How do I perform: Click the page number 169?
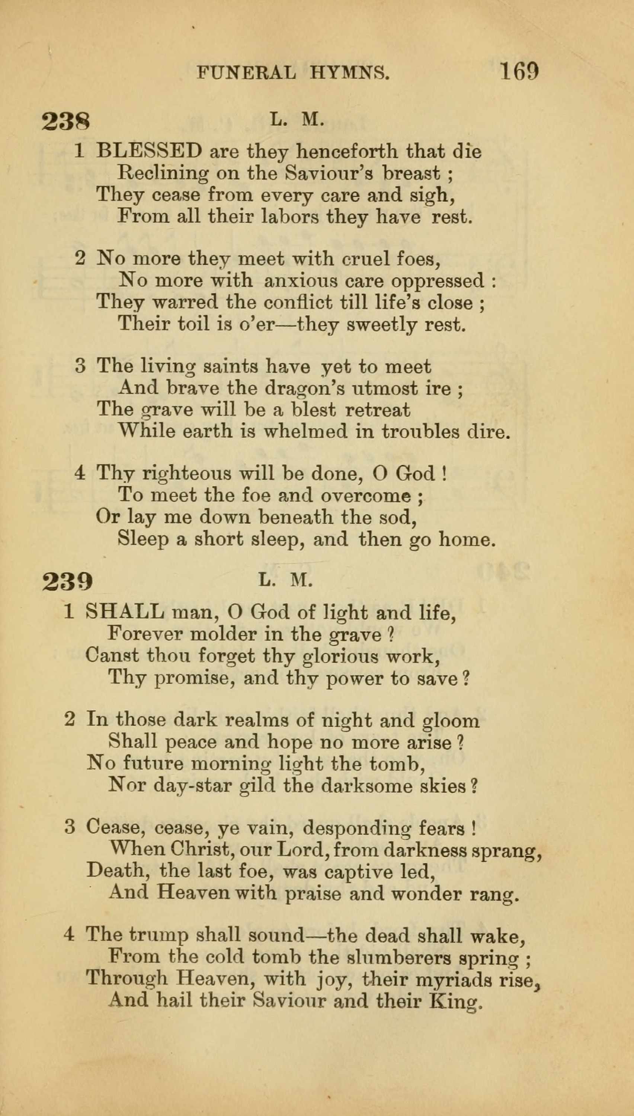pos(519,71)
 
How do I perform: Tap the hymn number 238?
pos(66,121)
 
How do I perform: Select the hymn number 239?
pos(67,581)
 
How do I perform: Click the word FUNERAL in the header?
pos(246,72)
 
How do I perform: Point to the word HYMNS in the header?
pos(350,72)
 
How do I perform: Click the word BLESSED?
pos(149,151)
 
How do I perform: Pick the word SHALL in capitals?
pos(125,612)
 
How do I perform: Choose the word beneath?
pos(296,517)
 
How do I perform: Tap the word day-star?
pos(193,786)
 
